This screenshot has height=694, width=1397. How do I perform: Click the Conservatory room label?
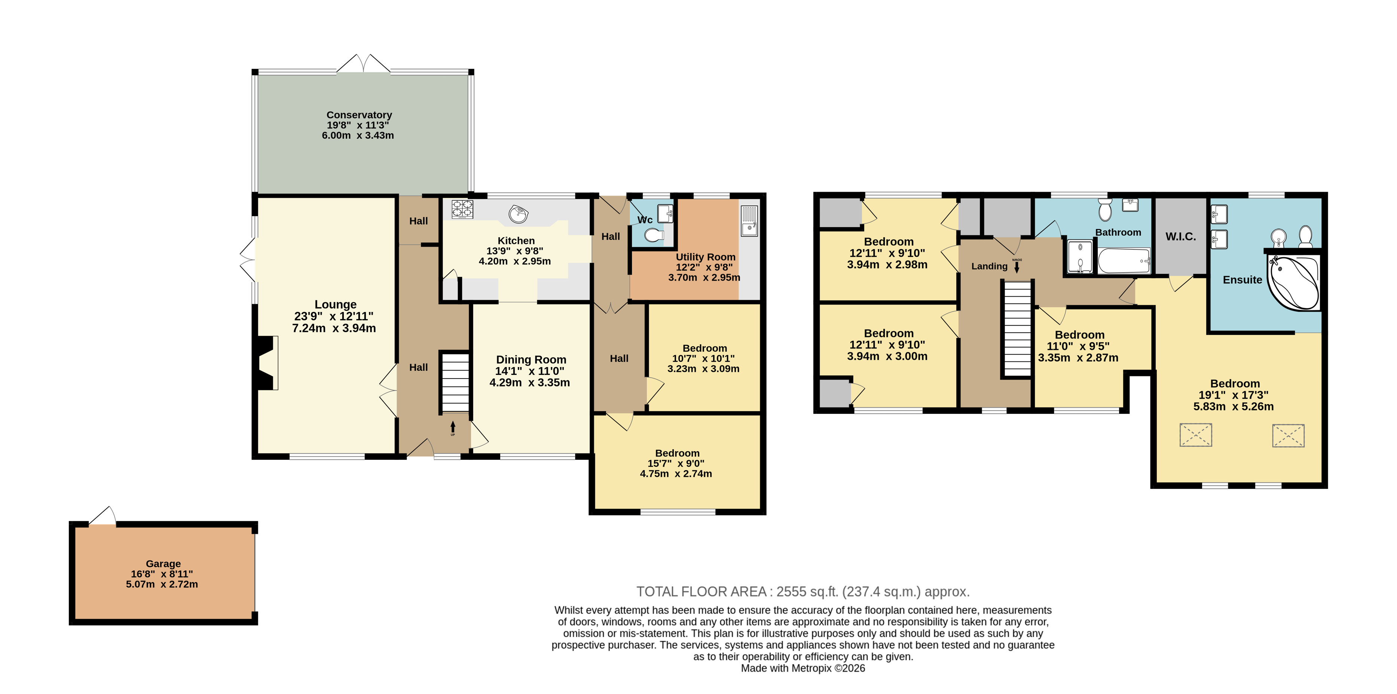[x=359, y=115]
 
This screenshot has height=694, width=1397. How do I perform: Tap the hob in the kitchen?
[x=462, y=209]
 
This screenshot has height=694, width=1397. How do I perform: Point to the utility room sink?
[x=749, y=221]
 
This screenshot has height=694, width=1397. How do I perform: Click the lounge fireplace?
[x=267, y=363]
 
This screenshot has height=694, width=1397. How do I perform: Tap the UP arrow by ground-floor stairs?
[x=453, y=428]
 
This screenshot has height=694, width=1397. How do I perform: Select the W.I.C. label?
[x=1181, y=236]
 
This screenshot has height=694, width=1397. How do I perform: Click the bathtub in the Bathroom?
[x=1124, y=261]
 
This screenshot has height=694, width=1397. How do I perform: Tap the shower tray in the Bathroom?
[x=1080, y=256]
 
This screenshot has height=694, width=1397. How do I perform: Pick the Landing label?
[x=989, y=266]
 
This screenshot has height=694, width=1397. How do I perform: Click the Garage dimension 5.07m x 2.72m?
[x=162, y=584]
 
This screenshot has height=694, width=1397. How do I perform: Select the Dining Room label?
[x=531, y=360]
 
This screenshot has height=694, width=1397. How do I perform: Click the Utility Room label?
[x=706, y=257]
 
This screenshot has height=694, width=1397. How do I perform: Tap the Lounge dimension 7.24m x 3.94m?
[x=334, y=328]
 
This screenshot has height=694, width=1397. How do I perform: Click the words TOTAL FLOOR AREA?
[x=701, y=591]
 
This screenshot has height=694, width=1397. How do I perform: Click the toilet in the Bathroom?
[x=1105, y=209]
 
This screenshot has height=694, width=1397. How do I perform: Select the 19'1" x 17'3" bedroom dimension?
[x=1233, y=395]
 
